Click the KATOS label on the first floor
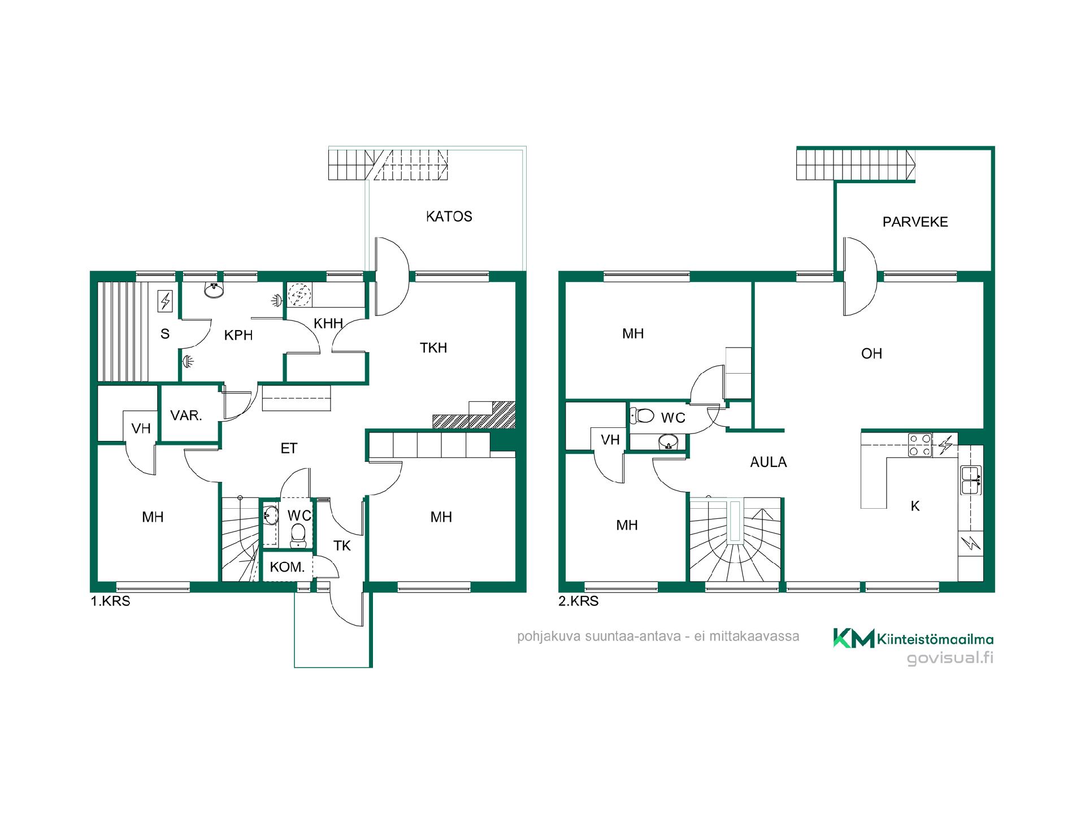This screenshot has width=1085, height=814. click(x=449, y=217)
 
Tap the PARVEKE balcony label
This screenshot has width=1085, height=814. click(x=915, y=222)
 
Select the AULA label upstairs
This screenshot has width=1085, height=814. click(x=768, y=462)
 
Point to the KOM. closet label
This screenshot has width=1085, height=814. click(x=287, y=567)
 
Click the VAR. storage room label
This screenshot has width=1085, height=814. click(x=186, y=415)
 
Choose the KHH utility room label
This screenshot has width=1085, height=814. click(x=328, y=323)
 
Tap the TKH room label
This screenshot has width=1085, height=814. click(x=433, y=348)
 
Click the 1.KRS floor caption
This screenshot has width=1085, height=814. click(x=110, y=601)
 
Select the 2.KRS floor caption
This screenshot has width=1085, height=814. click(x=578, y=601)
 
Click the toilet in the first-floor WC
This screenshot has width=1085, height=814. click(x=298, y=535)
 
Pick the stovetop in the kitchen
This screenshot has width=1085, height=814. click(x=919, y=445)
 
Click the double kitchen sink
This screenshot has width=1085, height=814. click(x=971, y=480)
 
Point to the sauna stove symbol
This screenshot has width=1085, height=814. click(x=166, y=301)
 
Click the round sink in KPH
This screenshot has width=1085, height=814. click(x=214, y=291)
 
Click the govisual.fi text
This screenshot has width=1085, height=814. click(x=950, y=659)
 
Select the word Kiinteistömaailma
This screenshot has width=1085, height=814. click(x=935, y=639)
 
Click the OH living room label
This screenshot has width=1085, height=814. click(x=871, y=354)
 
